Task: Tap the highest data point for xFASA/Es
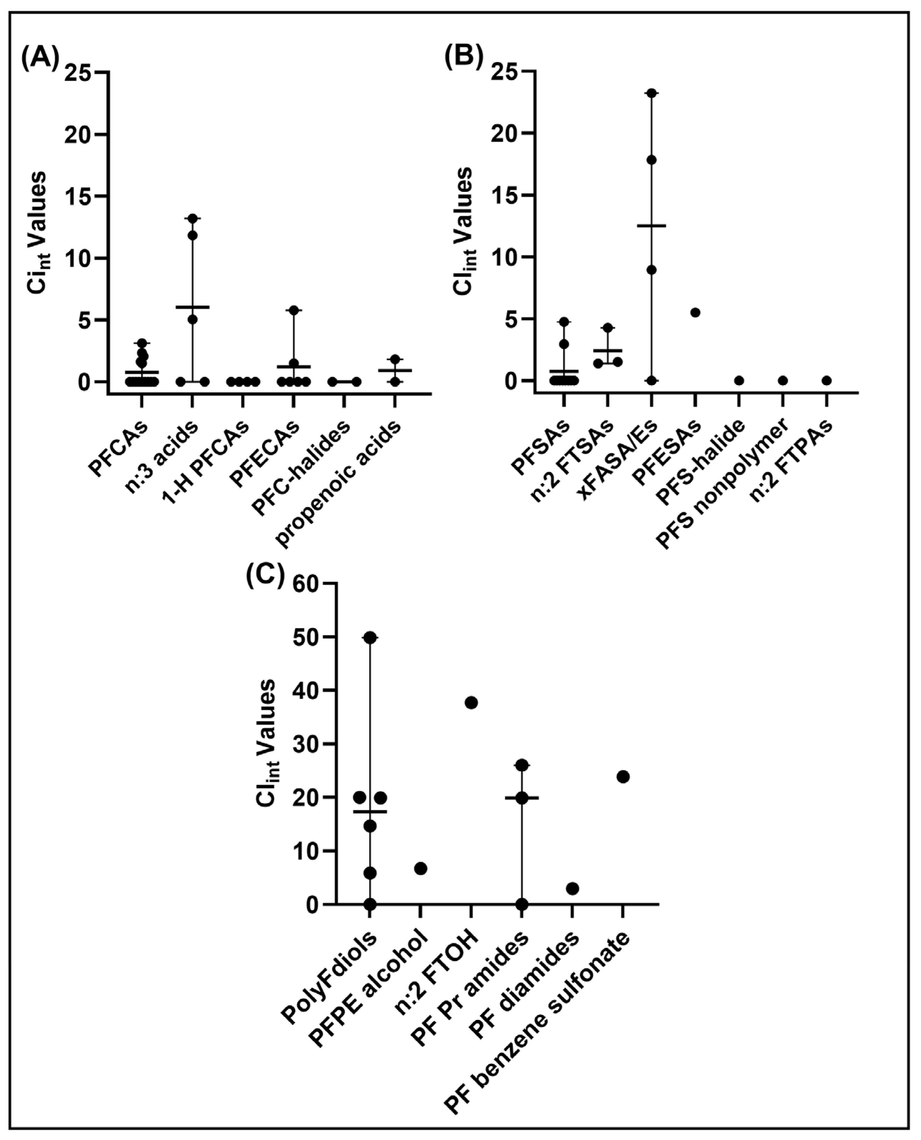point(652,94)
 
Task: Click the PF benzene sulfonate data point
point(623,777)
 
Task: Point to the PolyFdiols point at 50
point(370,638)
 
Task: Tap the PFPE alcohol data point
point(421,869)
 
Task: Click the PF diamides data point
point(572,888)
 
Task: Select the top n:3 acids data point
point(192,218)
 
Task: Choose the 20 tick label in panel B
point(504,133)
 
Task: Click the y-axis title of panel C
point(268,743)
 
